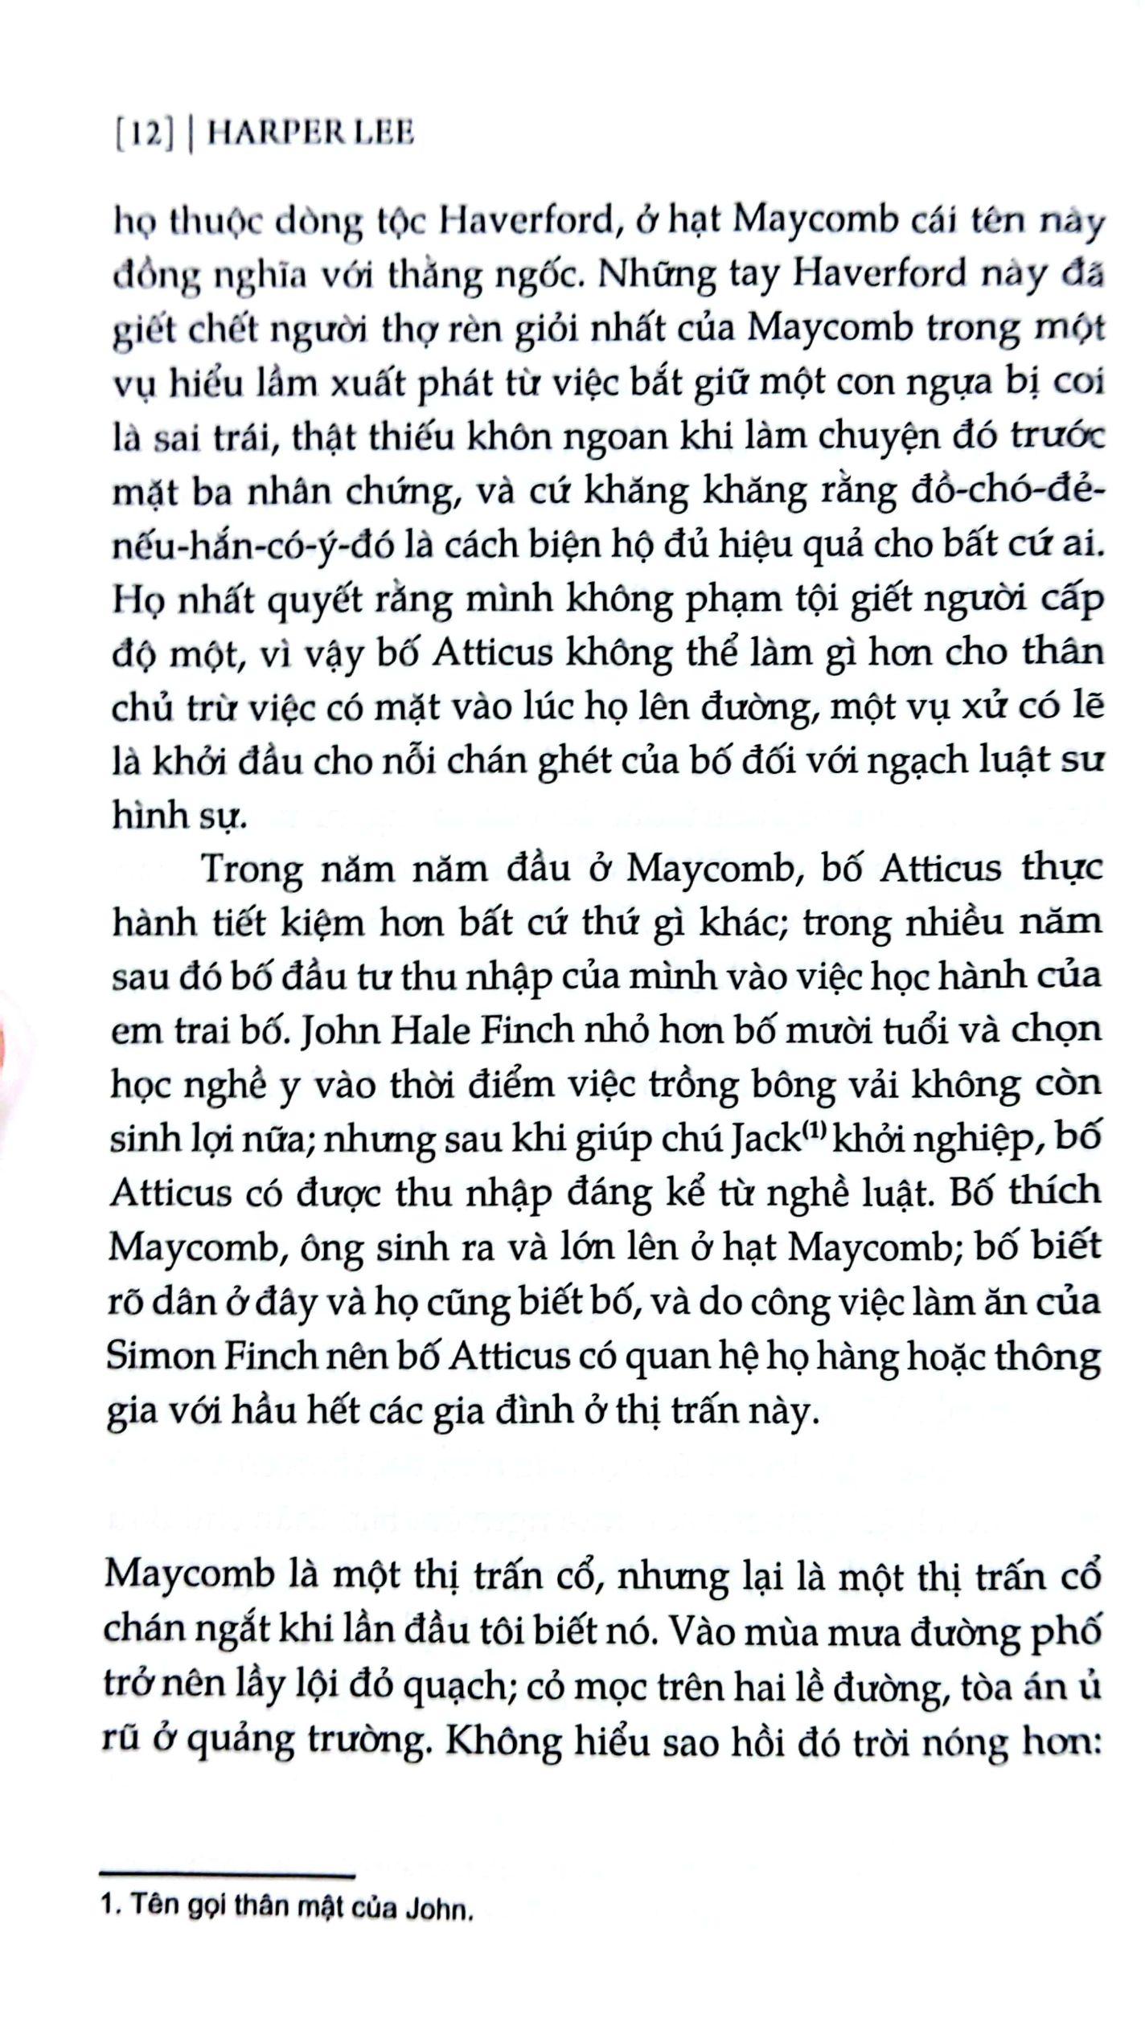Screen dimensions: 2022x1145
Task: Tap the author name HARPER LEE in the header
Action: [311, 134]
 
